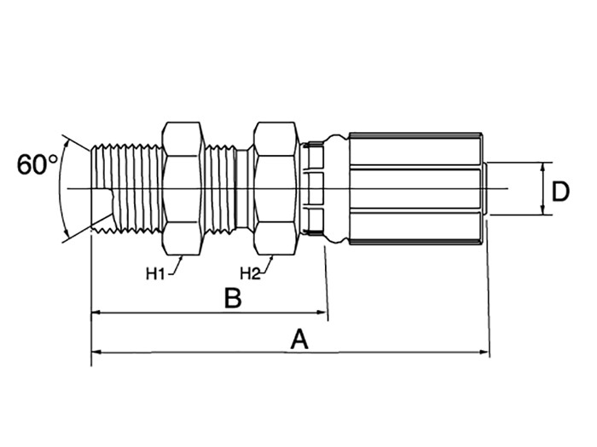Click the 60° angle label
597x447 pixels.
(38, 164)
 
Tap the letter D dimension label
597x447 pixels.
(560, 192)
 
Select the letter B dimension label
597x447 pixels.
(233, 298)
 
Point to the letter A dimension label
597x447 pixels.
(298, 340)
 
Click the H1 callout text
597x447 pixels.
(155, 273)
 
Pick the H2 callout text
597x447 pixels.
(250, 273)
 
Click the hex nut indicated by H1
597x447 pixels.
(183, 188)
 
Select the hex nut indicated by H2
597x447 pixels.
(275, 188)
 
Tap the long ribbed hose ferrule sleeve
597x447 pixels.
(416, 188)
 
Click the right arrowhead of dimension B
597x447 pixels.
(323, 312)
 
